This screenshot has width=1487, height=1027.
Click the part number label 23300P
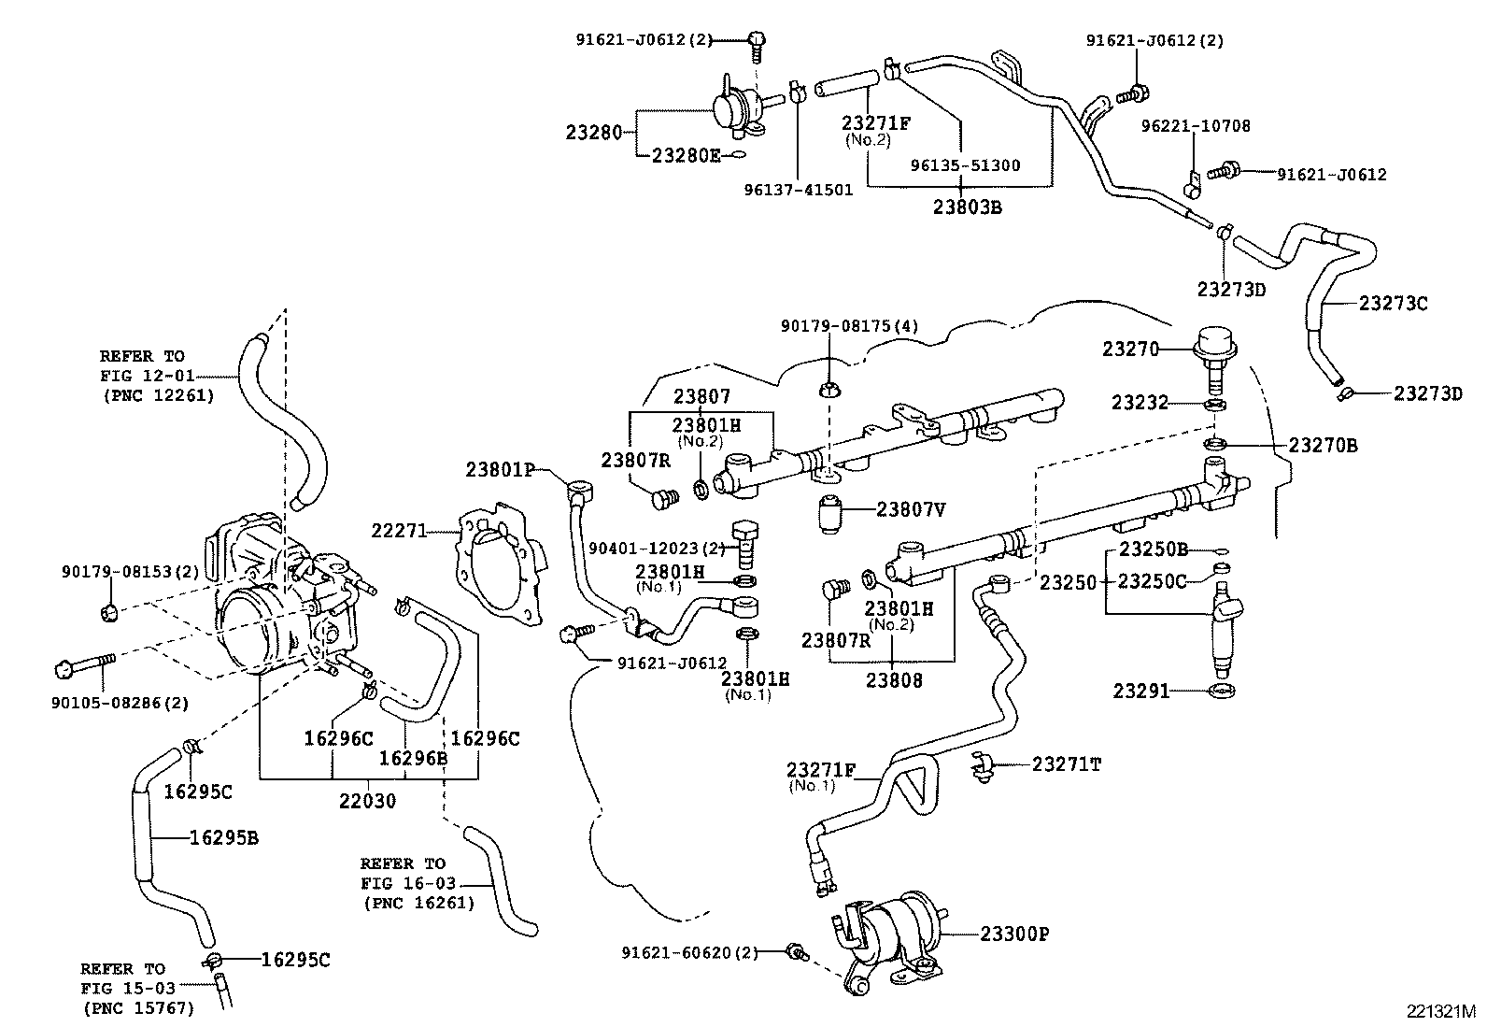coord(1014,933)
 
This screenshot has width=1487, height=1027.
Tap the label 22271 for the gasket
coord(399,531)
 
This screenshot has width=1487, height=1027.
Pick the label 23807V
coord(911,509)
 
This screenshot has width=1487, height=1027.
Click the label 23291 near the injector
coord(1140,692)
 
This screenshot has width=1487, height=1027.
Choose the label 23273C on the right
coord(1393,304)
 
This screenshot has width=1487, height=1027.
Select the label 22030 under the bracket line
coord(367,800)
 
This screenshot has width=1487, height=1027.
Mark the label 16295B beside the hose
coord(223,837)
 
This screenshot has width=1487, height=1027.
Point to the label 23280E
coord(686,155)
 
